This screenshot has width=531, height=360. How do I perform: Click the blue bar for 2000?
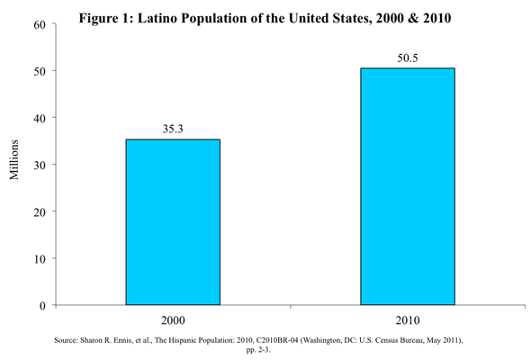(173, 222)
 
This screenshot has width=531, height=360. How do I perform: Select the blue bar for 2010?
(408, 186)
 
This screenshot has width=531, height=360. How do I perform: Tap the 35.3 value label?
(173, 129)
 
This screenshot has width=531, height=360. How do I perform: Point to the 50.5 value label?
(408, 58)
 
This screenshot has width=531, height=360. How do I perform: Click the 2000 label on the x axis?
(173, 320)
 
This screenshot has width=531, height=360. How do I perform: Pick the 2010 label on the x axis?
(408, 320)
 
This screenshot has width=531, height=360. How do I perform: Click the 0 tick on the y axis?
(42, 306)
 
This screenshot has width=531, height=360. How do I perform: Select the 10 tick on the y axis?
(40, 259)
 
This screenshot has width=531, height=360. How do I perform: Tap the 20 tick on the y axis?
(40, 212)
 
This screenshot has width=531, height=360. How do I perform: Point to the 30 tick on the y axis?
(40, 166)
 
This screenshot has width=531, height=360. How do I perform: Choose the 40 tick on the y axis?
(40, 119)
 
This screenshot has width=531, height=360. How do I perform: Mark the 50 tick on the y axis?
(40, 71)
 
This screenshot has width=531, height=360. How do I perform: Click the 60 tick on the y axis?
(40, 24)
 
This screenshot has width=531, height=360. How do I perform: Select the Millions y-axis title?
(13, 159)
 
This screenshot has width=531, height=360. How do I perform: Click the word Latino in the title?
(157, 18)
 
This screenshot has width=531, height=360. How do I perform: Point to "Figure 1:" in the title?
(106, 19)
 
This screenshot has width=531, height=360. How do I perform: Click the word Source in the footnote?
(66, 340)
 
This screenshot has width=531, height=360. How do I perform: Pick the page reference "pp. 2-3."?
(258, 350)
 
